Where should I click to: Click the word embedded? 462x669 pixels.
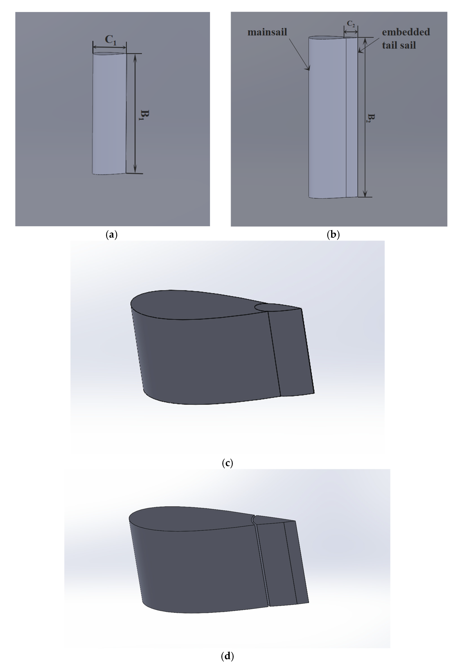(406, 32)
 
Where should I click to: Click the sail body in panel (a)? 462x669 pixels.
(109, 113)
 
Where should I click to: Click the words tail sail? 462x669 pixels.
(399, 45)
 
